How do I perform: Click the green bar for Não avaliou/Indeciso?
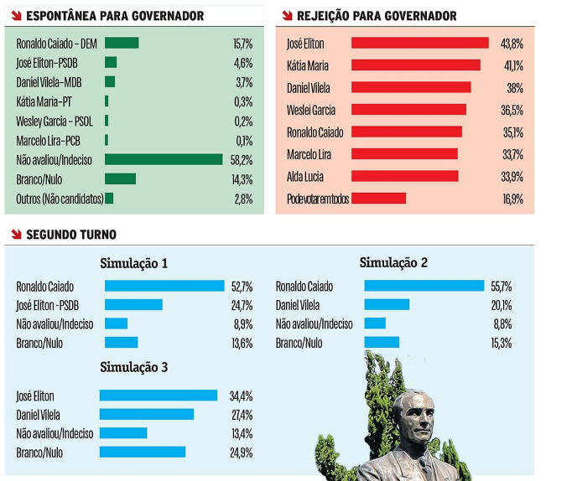coord(164,159)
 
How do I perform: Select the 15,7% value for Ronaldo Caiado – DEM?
coord(242,43)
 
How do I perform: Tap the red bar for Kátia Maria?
coord(415,65)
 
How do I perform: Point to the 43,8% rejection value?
coord(512,44)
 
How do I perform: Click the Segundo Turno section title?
coord(71,235)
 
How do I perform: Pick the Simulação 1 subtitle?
coord(134,263)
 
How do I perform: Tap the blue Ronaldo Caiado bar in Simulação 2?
coord(424,287)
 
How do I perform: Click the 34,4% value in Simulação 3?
coord(242,396)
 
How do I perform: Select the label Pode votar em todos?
coord(318,199)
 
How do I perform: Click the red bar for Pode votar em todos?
coord(378,199)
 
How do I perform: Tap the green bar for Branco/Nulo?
coord(120,178)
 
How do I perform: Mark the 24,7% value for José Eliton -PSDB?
coord(242,305)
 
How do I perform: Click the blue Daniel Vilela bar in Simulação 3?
coord(146,414)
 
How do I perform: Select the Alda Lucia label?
coord(305,177)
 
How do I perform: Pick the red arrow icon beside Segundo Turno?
coord(15,235)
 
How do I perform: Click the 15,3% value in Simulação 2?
coord(501,343)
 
